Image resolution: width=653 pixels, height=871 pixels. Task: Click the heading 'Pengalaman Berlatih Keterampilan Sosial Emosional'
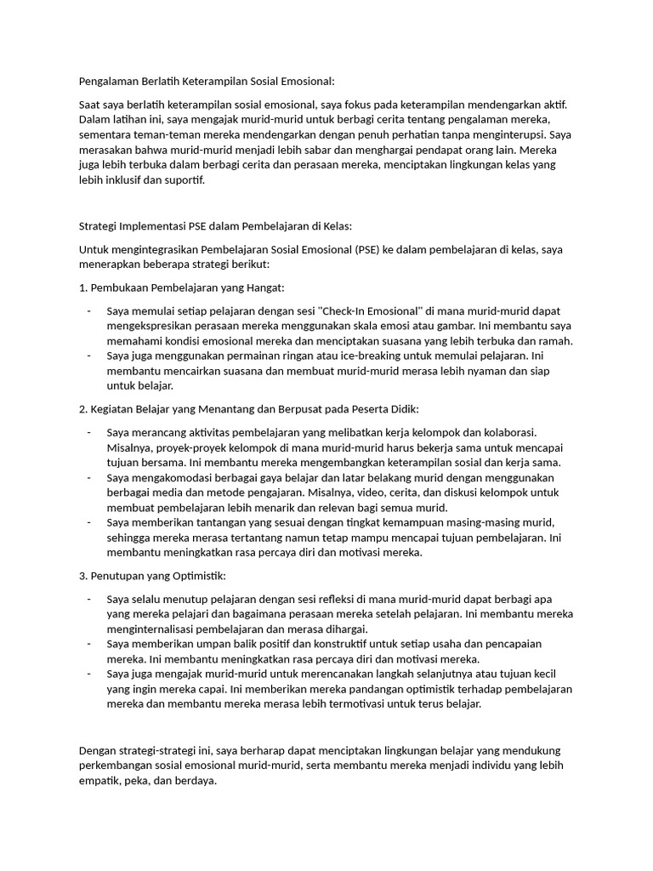(x=207, y=82)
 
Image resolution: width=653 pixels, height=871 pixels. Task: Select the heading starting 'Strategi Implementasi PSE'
(x=214, y=226)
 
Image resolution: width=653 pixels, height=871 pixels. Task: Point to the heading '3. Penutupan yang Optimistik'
(x=152, y=577)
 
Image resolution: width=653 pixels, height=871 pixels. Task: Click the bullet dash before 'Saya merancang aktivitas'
(x=89, y=433)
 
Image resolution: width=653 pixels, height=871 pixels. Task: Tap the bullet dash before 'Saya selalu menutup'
(x=89, y=600)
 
